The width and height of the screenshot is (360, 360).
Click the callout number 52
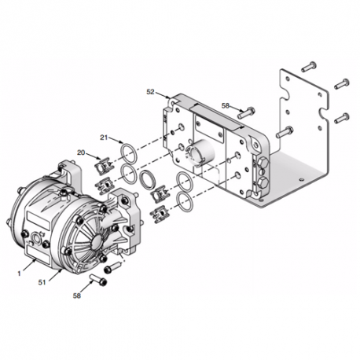(x=150, y=92)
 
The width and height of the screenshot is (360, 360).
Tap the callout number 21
(x=104, y=137)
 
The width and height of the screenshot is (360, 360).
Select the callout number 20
(x=81, y=152)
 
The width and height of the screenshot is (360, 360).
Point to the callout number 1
(x=19, y=274)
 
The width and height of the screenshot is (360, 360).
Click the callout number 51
(x=42, y=282)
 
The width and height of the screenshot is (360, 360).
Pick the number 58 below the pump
(x=77, y=296)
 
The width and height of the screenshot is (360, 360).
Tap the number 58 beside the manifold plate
(x=226, y=105)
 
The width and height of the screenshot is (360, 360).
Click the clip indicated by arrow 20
(x=103, y=167)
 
